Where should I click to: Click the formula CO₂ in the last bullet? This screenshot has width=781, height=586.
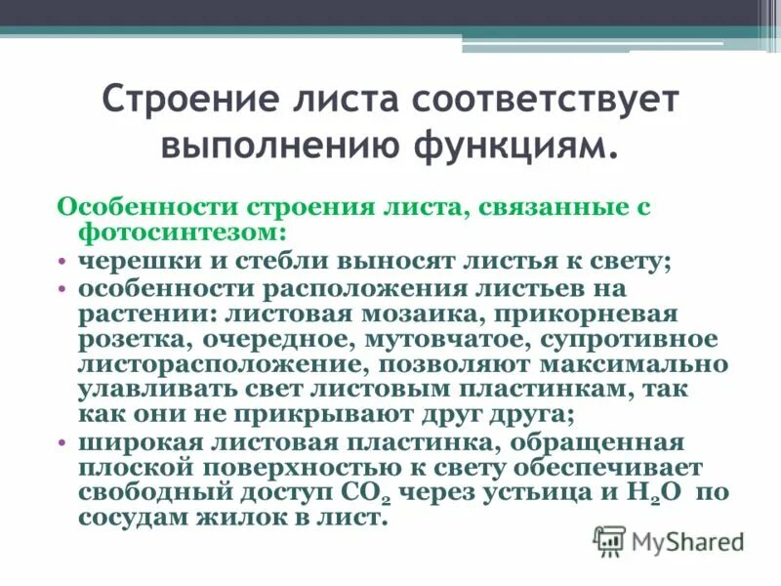(x=371, y=494)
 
